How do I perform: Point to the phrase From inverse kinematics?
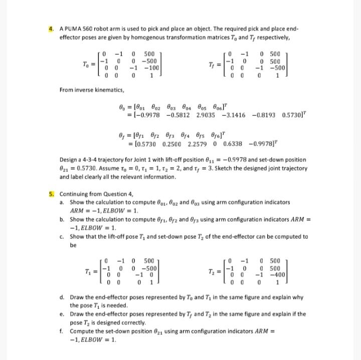[92, 90]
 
